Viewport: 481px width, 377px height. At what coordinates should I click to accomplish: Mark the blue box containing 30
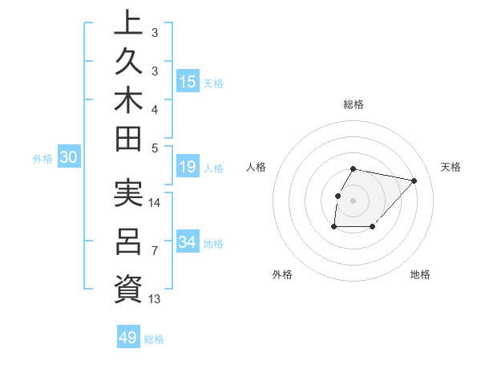click(x=69, y=158)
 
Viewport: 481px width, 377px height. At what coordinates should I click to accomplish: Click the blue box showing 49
click(x=128, y=338)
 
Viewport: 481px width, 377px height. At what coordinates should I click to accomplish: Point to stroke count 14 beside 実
click(x=155, y=202)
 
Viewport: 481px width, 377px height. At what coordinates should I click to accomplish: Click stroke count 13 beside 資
click(x=155, y=299)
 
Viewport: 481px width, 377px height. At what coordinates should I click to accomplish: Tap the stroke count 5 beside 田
click(x=155, y=148)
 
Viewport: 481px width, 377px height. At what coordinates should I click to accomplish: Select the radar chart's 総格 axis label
click(x=354, y=104)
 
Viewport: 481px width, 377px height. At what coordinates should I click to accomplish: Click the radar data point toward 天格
click(x=414, y=180)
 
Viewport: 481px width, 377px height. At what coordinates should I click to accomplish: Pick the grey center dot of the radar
click(x=353, y=201)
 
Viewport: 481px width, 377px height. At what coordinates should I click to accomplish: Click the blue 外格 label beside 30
click(x=42, y=159)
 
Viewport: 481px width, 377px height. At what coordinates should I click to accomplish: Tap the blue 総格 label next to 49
click(x=154, y=339)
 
